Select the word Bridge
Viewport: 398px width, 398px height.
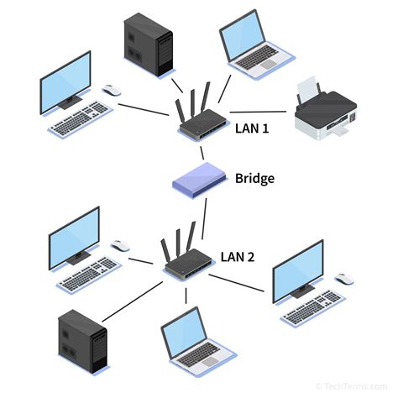coord(254,178)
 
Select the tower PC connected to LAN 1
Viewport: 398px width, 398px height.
coord(147,44)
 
